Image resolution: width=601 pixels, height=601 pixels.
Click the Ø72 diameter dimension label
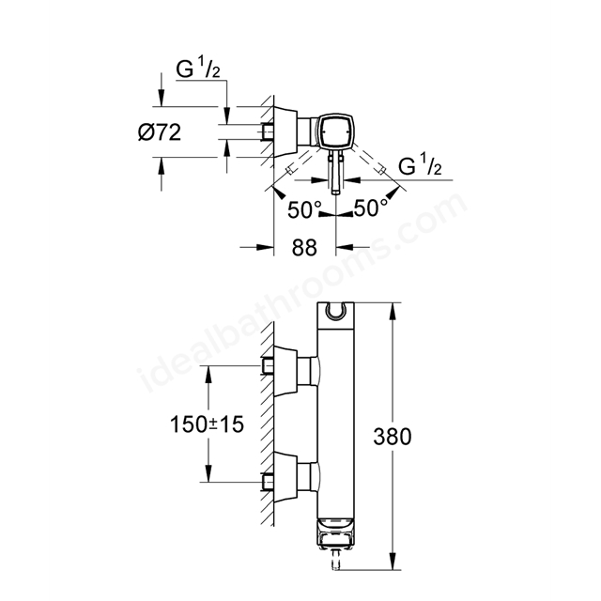click(160, 132)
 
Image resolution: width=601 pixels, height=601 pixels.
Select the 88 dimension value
click(304, 248)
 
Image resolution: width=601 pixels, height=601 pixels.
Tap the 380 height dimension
click(393, 437)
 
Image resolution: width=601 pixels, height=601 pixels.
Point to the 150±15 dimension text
click(207, 424)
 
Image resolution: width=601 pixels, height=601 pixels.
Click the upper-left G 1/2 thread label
click(198, 69)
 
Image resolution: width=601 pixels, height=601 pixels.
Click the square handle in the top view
click(336, 131)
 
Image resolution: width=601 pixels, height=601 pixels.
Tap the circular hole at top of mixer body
click(336, 311)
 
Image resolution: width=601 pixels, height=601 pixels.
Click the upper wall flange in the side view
click(285, 371)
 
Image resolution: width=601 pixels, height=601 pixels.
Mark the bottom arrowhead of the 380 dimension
click(393, 562)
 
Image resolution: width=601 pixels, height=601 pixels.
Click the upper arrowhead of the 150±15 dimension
click(208, 374)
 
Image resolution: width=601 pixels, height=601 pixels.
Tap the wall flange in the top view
click(285, 131)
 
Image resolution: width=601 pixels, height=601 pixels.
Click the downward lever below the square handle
click(336, 172)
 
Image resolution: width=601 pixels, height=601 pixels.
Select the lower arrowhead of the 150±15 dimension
click(208, 473)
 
